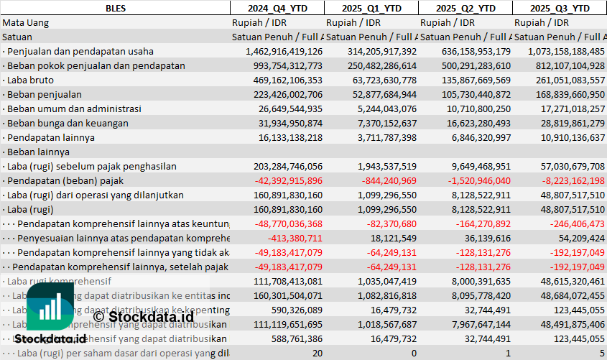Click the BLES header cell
(x=114, y=8)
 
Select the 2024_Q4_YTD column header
(x=277, y=8)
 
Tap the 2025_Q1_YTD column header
(x=371, y=8)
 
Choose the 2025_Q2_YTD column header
(x=465, y=8)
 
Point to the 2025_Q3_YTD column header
(x=560, y=8)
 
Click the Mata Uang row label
(x=26, y=22)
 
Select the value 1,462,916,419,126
(x=284, y=51)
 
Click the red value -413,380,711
(x=295, y=238)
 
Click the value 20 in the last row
(x=317, y=353)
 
